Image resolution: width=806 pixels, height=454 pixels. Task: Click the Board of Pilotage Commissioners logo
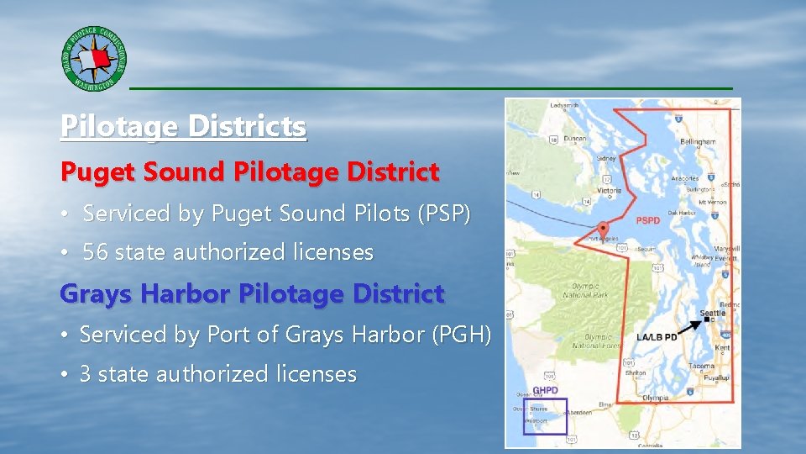point(94,59)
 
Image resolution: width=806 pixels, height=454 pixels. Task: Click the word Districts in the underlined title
point(248,127)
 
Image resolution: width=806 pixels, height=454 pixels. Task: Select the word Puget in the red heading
point(89,172)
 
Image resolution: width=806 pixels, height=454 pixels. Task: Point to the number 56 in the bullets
point(96,252)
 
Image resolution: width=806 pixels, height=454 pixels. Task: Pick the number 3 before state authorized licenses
point(85,374)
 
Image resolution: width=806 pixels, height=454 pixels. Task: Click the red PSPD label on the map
point(648,221)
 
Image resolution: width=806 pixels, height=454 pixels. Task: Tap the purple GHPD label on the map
point(545,391)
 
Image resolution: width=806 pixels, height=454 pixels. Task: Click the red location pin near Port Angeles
point(604,228)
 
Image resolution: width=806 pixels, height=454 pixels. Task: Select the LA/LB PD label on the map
point(657,337)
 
